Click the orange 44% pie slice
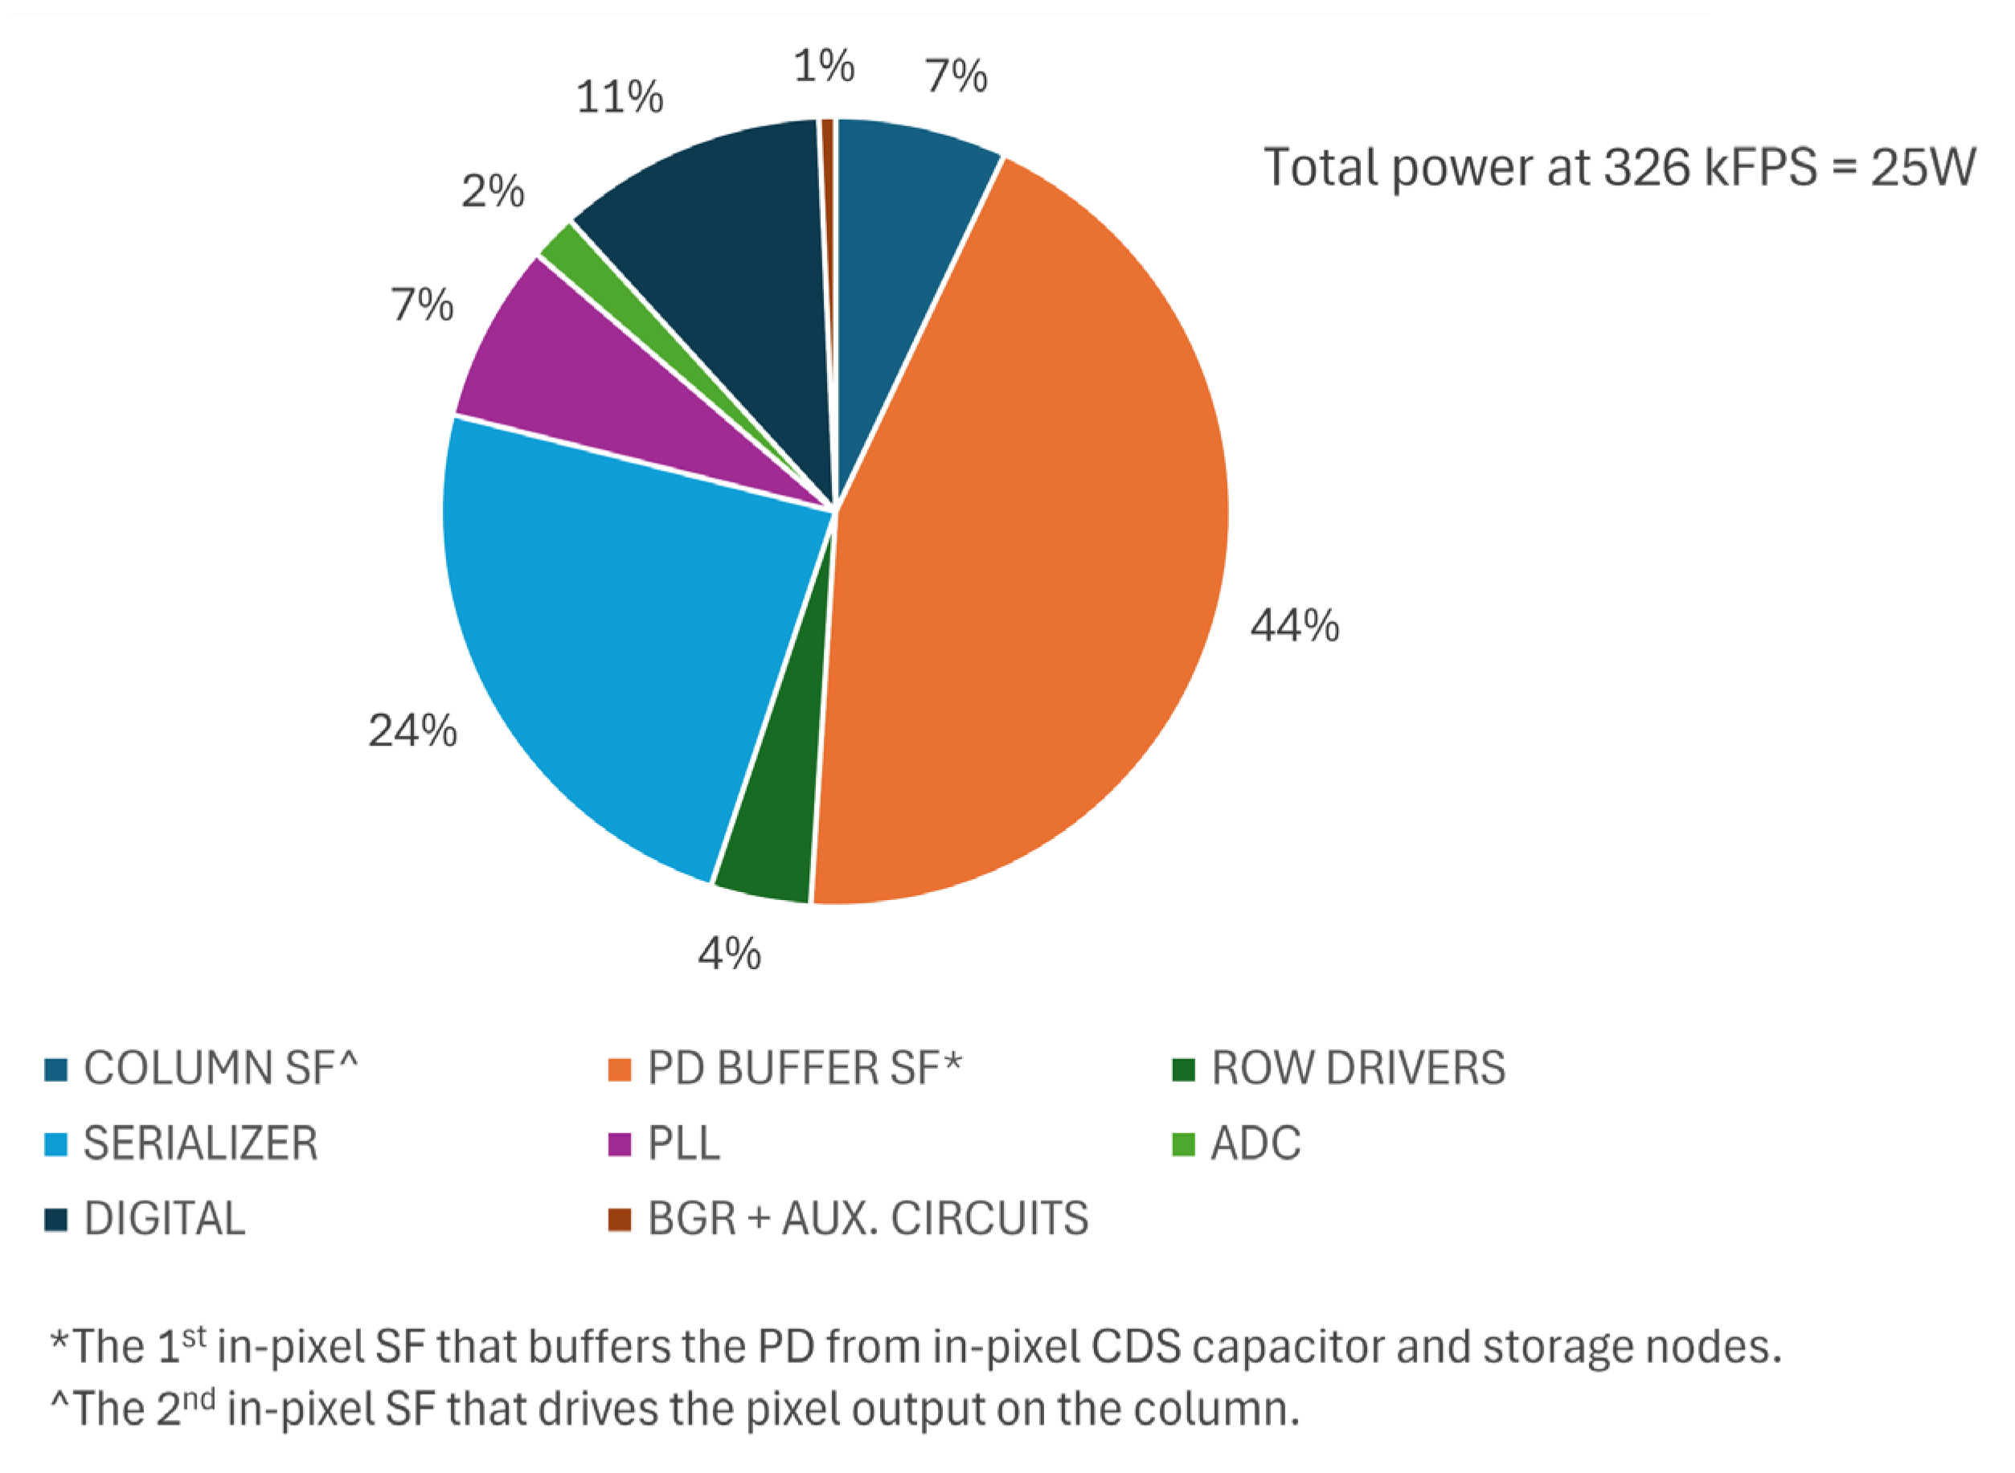(x=1026, y=553)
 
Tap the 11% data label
(x=620, y=96)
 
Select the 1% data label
(x=824, y=67)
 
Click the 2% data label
(x=492, y=190)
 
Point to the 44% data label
(x=1295, y=626)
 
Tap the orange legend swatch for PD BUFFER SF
(x=619, y=1069)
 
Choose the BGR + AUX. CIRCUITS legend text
(x=867, y=1219)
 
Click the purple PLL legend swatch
(x=619, y=1144)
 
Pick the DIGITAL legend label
(x=164, y=1219)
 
